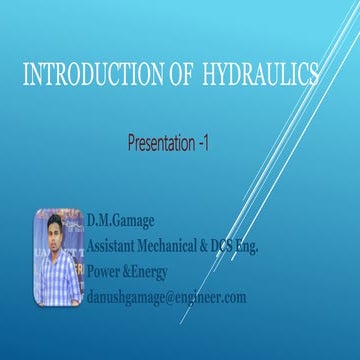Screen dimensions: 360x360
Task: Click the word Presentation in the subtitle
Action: tap(161, 145)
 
